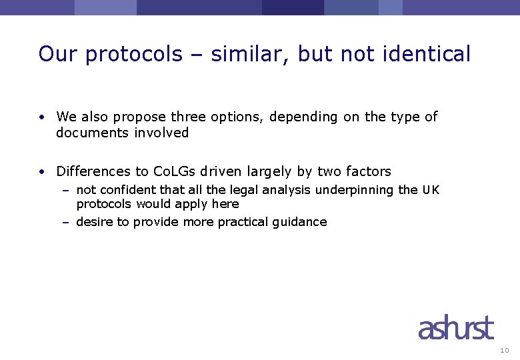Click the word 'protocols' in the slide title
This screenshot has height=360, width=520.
(133, 54)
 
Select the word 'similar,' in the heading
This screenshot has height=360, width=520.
(251, 54)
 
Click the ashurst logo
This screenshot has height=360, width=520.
(456, 329)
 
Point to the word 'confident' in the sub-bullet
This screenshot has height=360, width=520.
(127, 190)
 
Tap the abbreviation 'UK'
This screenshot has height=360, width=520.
(431, 190)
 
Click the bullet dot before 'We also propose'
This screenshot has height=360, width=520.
(41, 117)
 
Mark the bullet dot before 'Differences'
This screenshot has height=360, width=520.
(41, 172)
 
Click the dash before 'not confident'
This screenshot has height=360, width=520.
(66, 190)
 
